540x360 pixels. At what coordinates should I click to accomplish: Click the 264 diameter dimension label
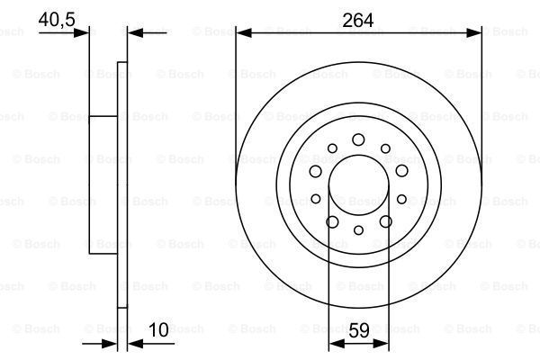coord(358,17)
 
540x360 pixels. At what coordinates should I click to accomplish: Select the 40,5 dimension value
coord(57,17)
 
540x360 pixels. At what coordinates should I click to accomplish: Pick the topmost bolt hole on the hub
coord(358,139)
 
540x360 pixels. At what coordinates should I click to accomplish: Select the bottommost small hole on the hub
coord(358,230)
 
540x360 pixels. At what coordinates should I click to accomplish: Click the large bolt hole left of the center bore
coord(316,171)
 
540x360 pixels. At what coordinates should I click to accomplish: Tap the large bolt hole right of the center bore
coord(400,171)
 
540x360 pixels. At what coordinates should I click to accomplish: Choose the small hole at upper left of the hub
coord(332,148)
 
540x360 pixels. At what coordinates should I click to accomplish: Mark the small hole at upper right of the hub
coord(385,148)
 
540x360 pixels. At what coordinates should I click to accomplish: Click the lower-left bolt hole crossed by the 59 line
coord(332,221)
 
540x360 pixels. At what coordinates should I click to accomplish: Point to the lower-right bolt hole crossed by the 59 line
coord(385,221)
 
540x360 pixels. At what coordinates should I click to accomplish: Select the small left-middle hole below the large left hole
coord(316,199)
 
